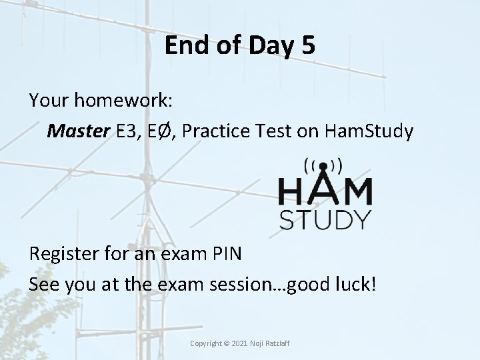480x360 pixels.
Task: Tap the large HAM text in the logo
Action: [x=325, y=191]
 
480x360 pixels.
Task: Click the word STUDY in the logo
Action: [x=325, y=219]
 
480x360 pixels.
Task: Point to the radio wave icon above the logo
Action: [x=323, y=165]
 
